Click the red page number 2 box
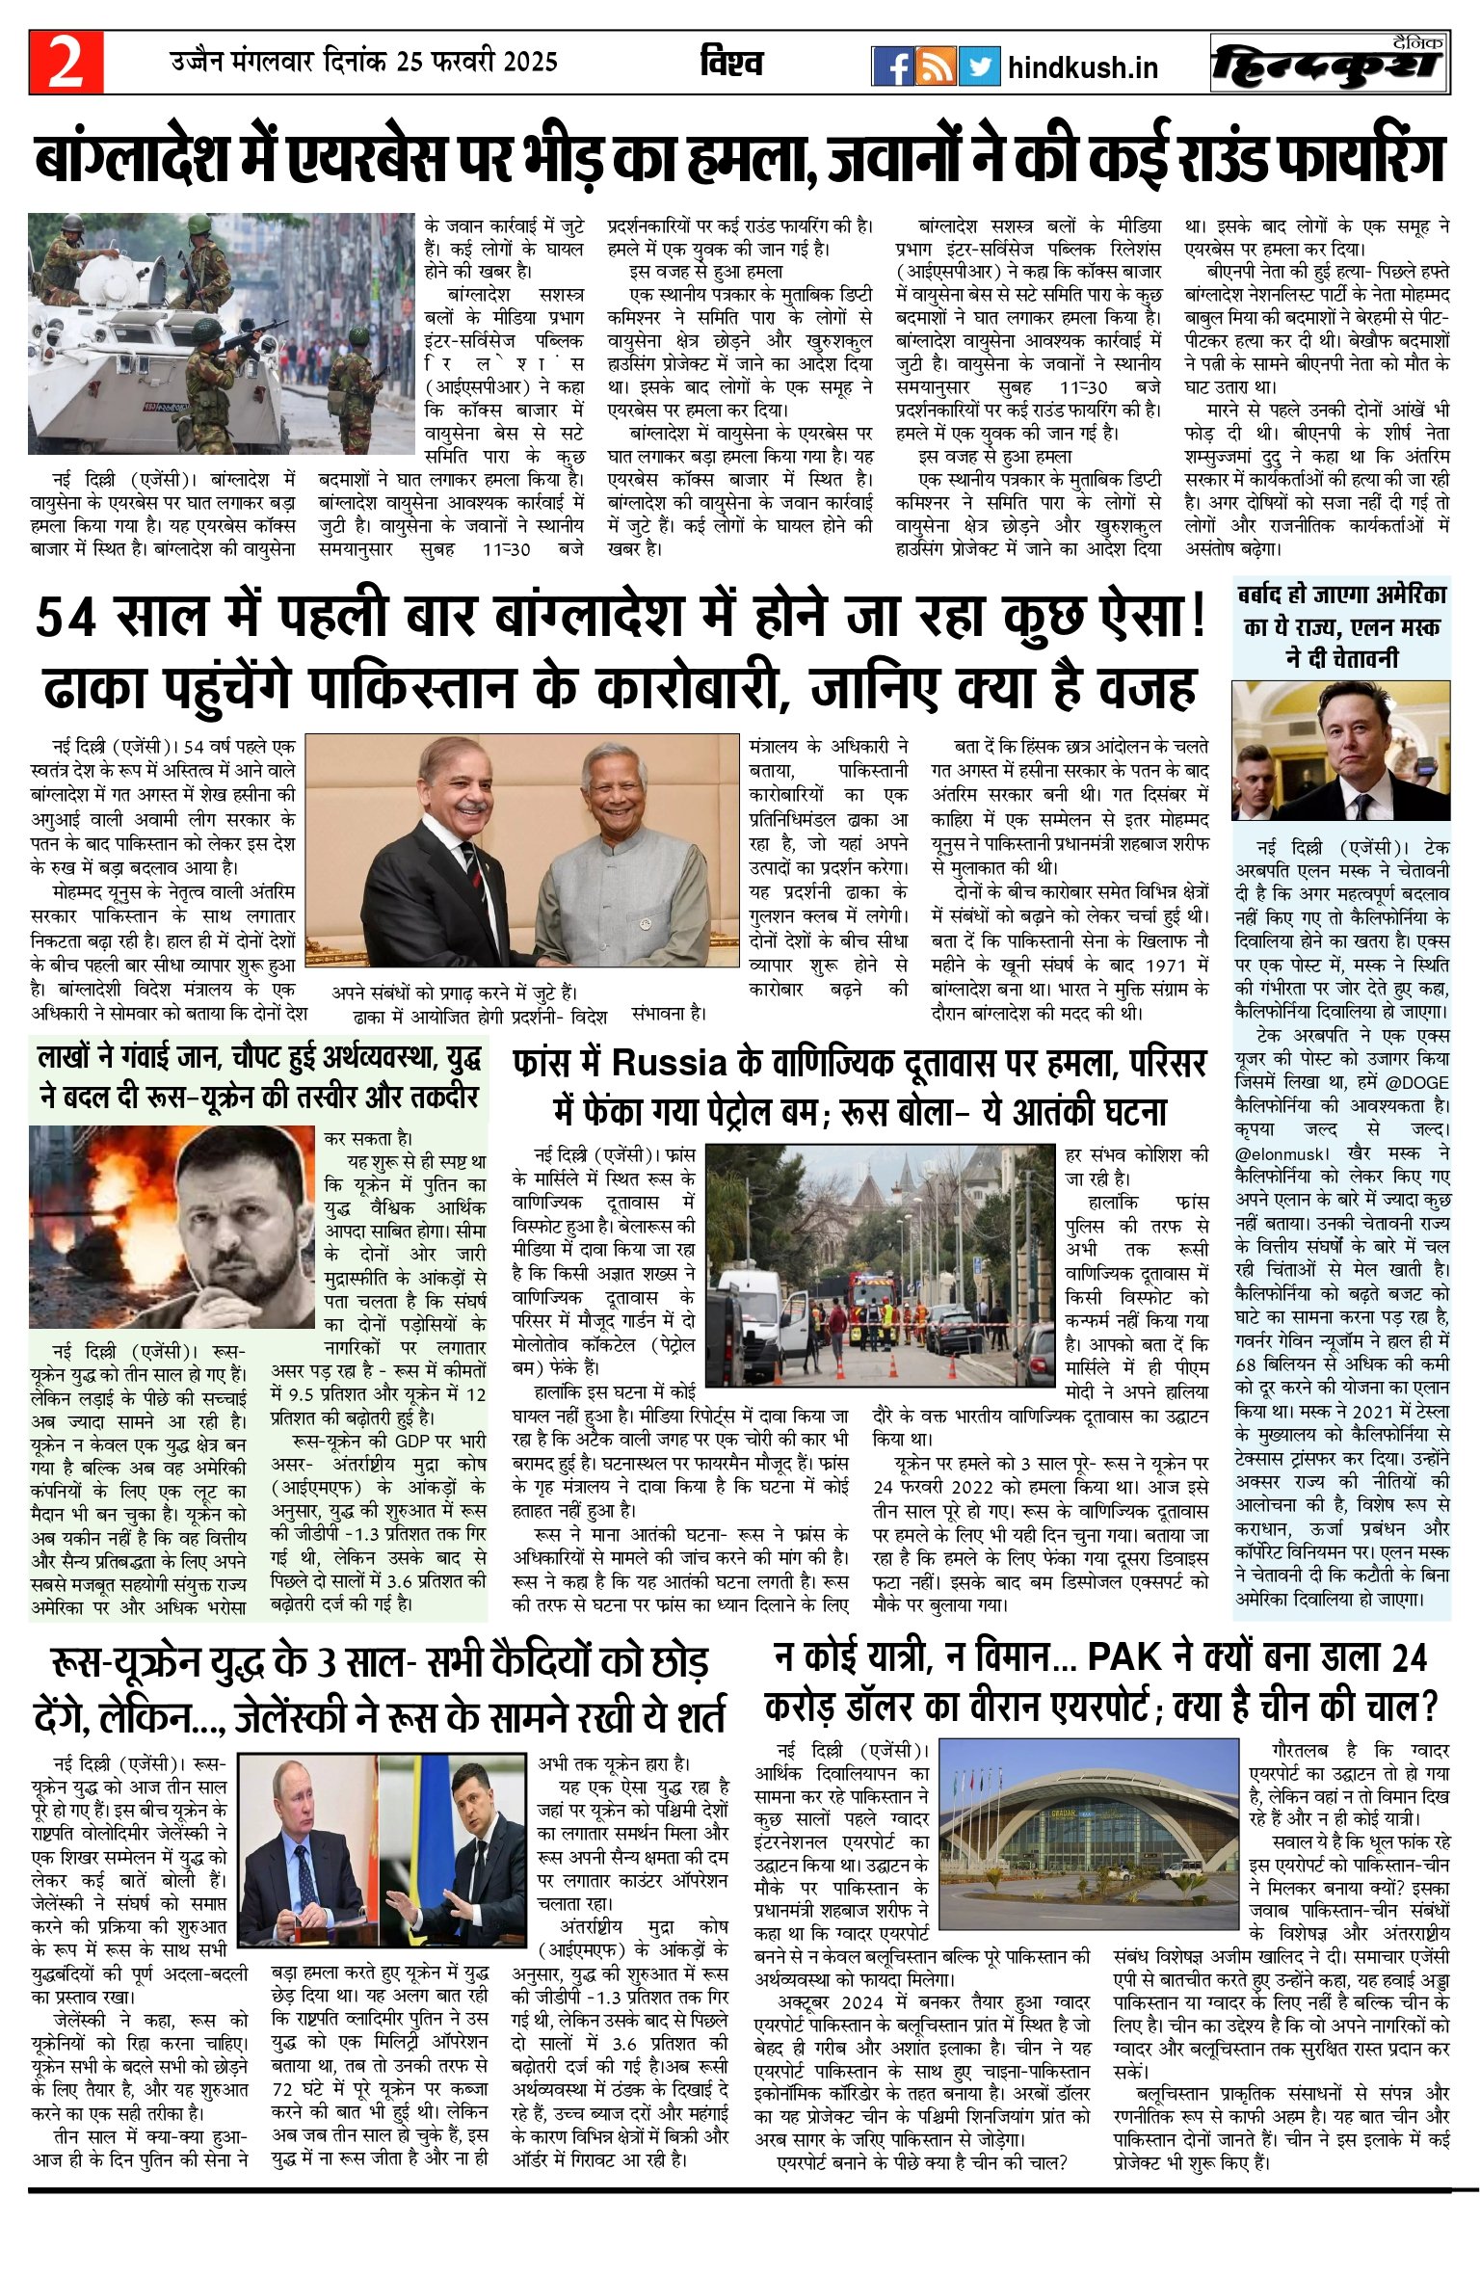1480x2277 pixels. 66,63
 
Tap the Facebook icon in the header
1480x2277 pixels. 892,66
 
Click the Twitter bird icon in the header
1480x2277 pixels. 979,66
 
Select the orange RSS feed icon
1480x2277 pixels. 936,66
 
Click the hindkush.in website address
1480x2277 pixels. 1082,68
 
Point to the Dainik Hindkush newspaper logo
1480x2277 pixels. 1330,65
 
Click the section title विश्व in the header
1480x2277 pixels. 731,64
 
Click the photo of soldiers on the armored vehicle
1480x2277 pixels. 221,333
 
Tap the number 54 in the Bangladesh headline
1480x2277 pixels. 66,619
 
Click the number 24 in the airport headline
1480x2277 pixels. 1409,1657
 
